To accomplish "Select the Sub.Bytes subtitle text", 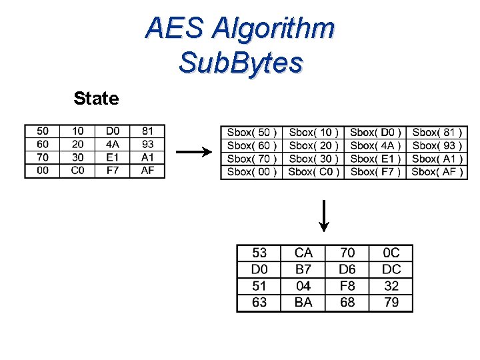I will click(241, 63).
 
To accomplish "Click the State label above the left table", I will click(96, 99).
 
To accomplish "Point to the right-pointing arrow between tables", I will click(193, 152).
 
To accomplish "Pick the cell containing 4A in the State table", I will click(113, 144).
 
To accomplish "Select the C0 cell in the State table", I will click(78, 171).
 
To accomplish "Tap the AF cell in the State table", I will click(147, 171).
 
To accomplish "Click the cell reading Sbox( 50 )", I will click(252, 133).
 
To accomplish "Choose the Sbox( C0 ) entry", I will click(313, 172).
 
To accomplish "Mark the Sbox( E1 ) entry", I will click(376, 159).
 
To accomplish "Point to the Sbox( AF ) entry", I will click(437, 172).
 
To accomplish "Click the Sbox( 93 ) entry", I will click(437, 145).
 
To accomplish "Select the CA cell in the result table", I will click(303, 253).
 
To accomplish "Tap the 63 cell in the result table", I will click(259, 303).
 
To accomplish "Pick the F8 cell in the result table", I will click(347, 286).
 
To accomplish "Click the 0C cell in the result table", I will click(391, 253).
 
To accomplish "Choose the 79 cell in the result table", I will click(391, 303).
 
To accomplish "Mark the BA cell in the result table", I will click(303, 303).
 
